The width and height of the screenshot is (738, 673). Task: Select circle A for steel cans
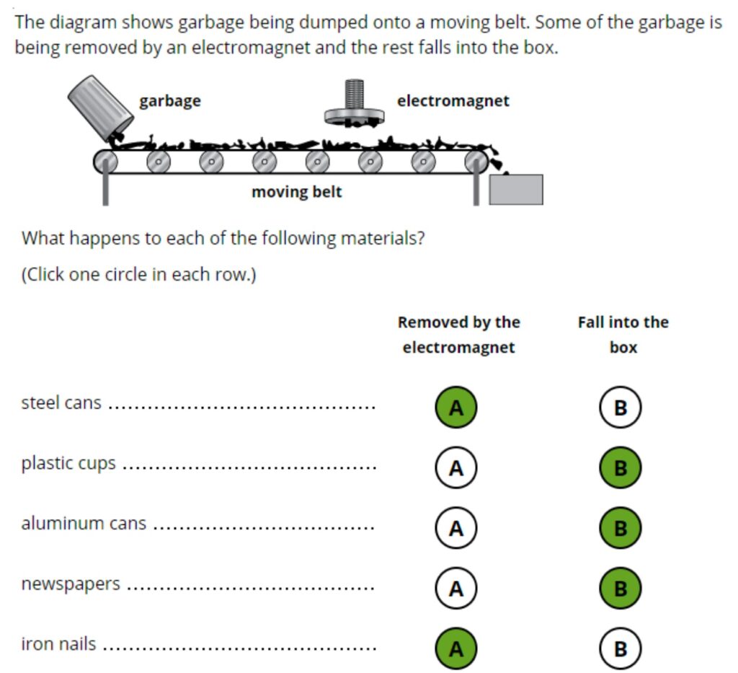tap(455, 408)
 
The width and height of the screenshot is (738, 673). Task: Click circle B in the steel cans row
tap(620, 408)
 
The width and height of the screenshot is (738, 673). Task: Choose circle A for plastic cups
tap(455, 468)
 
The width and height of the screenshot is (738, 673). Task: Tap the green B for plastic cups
tap(620, 468)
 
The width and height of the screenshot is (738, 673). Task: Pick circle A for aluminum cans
tap(455, 529)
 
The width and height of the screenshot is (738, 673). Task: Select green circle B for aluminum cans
tap(620, 529)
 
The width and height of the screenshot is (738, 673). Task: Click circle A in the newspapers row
tap(455, 589)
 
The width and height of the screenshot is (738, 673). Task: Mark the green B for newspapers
tap(620, 589)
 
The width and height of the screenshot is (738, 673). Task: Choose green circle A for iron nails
tap(455, 649)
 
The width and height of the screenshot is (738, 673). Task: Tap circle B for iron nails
tap(620, 649)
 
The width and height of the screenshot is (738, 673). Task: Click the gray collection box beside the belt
tap(516, 190)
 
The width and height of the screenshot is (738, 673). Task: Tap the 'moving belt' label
tap(296, 193)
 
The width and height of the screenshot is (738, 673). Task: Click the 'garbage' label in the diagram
tap(170, 101)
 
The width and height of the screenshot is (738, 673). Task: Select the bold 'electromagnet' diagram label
tap(453, 101)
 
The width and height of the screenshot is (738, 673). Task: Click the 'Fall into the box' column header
tap(623, 335)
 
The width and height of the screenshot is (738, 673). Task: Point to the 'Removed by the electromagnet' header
tap(458, 335)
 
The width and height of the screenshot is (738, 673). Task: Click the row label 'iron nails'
tap(58, 643)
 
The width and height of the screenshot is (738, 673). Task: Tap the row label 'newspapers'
tap(71, 583)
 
